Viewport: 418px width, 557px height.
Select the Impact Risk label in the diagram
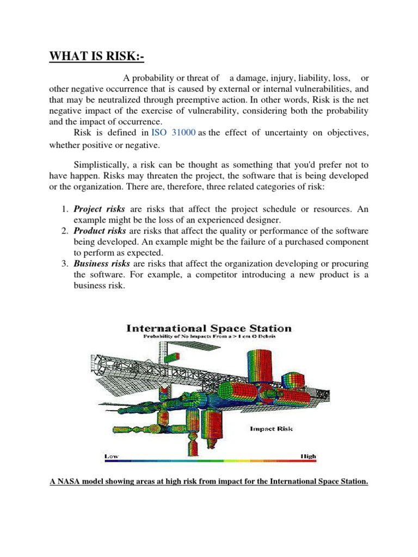(x=271, y=429)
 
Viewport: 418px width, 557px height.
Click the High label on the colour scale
(x=307, y=456)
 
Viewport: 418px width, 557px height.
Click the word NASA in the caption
(x=69, y=481)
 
